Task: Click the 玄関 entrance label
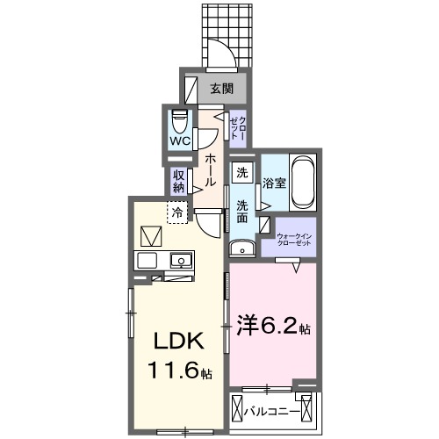[x=220, y=88]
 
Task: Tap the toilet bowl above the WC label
[x=179, y=119]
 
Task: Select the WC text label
[x=179, y=140]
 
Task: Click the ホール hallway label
[x=212, y=169]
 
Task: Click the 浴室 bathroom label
[x=273, y=184]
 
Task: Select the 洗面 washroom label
[x=242, y=212]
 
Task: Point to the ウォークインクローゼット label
[x=294, y=240]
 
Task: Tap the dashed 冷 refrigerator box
[x=177, y=212]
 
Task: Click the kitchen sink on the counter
[x=182, y=260]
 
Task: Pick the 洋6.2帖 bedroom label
[x=271, y=328]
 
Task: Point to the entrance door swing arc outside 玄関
[x=225, y=54]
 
